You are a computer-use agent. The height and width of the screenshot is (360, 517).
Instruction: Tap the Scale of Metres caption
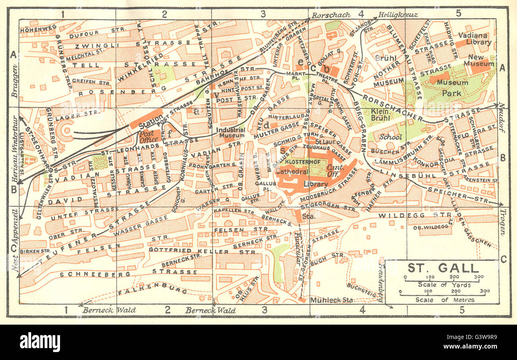[445, 300]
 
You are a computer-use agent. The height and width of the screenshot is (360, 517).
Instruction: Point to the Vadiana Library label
[474, 39]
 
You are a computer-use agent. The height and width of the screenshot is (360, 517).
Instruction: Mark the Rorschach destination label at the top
[331, 15]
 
